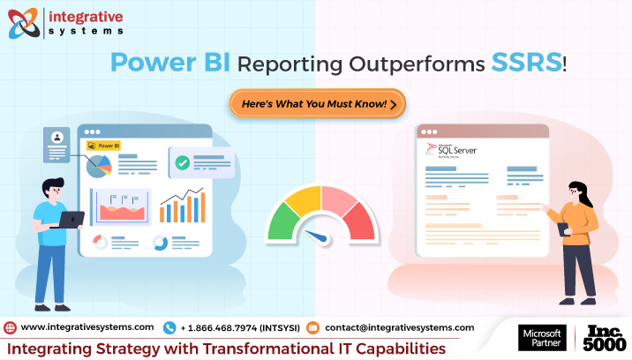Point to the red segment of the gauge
[357, 220]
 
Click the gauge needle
[315, 237]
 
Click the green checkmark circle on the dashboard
[182, 162]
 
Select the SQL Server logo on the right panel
[451, 150]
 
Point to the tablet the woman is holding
[563, 229]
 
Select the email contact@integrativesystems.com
[399, 327]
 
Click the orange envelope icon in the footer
[312, 327]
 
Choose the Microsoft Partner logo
[541, 339]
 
